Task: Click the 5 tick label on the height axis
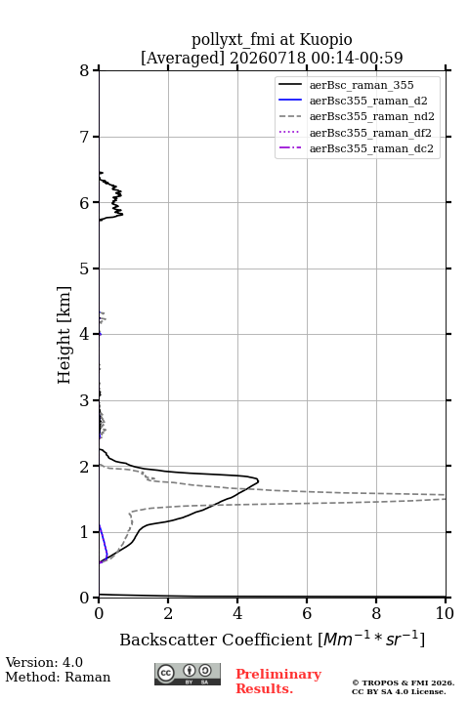85,269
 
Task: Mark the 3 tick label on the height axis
85,400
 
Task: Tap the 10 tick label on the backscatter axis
445,613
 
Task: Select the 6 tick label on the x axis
307,613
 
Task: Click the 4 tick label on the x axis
237,613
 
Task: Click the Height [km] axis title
64,335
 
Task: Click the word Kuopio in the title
325,40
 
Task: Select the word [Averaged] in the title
183,58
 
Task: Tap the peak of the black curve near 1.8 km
258,480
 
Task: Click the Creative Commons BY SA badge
188,675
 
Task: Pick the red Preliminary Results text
278,682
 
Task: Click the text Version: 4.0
44,662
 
